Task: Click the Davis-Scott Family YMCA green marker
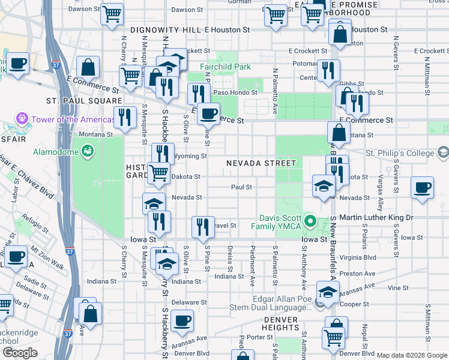tap(310, 221)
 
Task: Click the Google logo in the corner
tap(19, 353)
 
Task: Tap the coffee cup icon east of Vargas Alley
tap(422, 187)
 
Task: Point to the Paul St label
tap(241, 187)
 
